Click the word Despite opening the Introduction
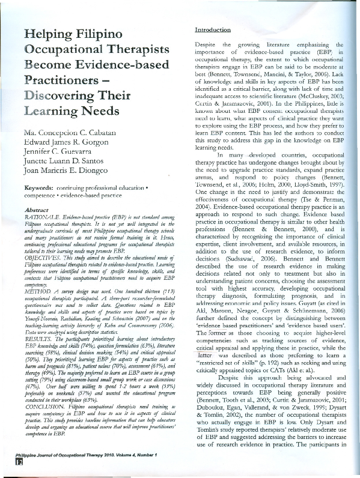(x=208, y=45)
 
